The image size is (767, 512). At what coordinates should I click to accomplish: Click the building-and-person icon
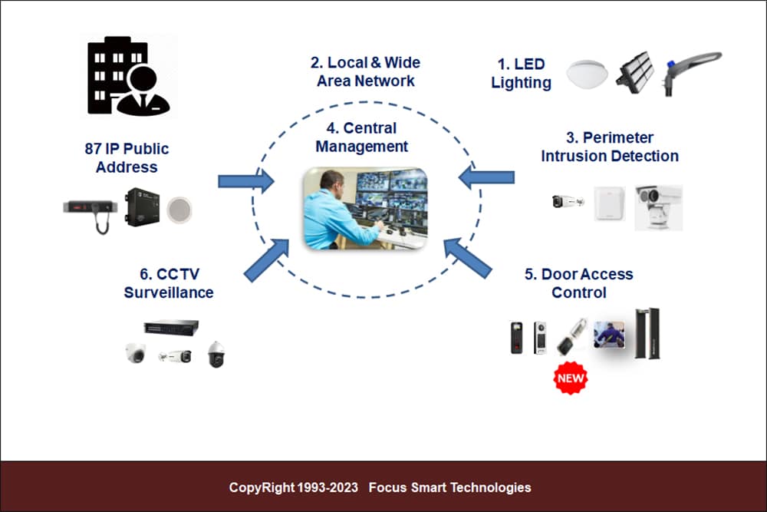coord(128,77)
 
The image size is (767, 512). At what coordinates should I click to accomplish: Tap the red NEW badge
coord(570,378)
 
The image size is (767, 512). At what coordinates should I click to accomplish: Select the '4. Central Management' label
coord(362,137)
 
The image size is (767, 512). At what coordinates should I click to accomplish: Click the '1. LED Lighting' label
coord(521,74)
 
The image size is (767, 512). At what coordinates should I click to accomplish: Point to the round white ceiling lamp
coord(587,73)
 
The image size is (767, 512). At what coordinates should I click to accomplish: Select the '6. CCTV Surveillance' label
coord(169,283)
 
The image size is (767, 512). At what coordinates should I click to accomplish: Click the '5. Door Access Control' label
coord(579,283)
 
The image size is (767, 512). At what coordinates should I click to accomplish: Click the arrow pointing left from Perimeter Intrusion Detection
coord(486,177)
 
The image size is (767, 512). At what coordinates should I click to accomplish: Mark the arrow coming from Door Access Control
coord(467,258)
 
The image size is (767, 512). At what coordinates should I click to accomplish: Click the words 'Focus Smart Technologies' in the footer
coord(449,487)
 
